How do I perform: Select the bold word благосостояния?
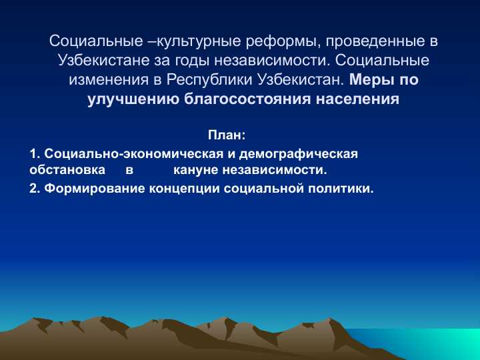click(241, 100)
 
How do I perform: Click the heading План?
click(227, 135)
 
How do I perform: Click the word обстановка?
click(67, 170)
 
